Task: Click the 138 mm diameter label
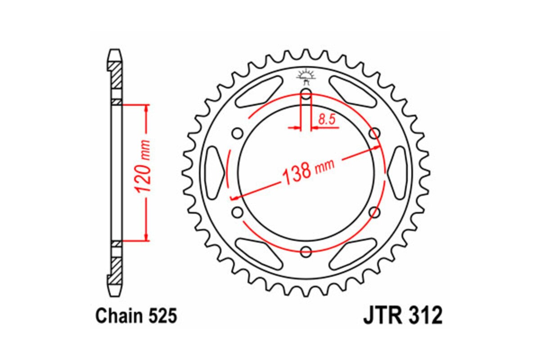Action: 308,171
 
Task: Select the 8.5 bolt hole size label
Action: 326,119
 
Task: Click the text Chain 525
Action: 136,316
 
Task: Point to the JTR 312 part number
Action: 403,316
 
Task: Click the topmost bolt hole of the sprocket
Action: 306,94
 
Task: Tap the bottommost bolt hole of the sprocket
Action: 306,252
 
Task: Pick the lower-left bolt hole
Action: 238,212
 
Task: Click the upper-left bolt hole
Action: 238,133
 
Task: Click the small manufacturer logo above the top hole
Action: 306,77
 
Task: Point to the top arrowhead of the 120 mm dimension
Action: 145,108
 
